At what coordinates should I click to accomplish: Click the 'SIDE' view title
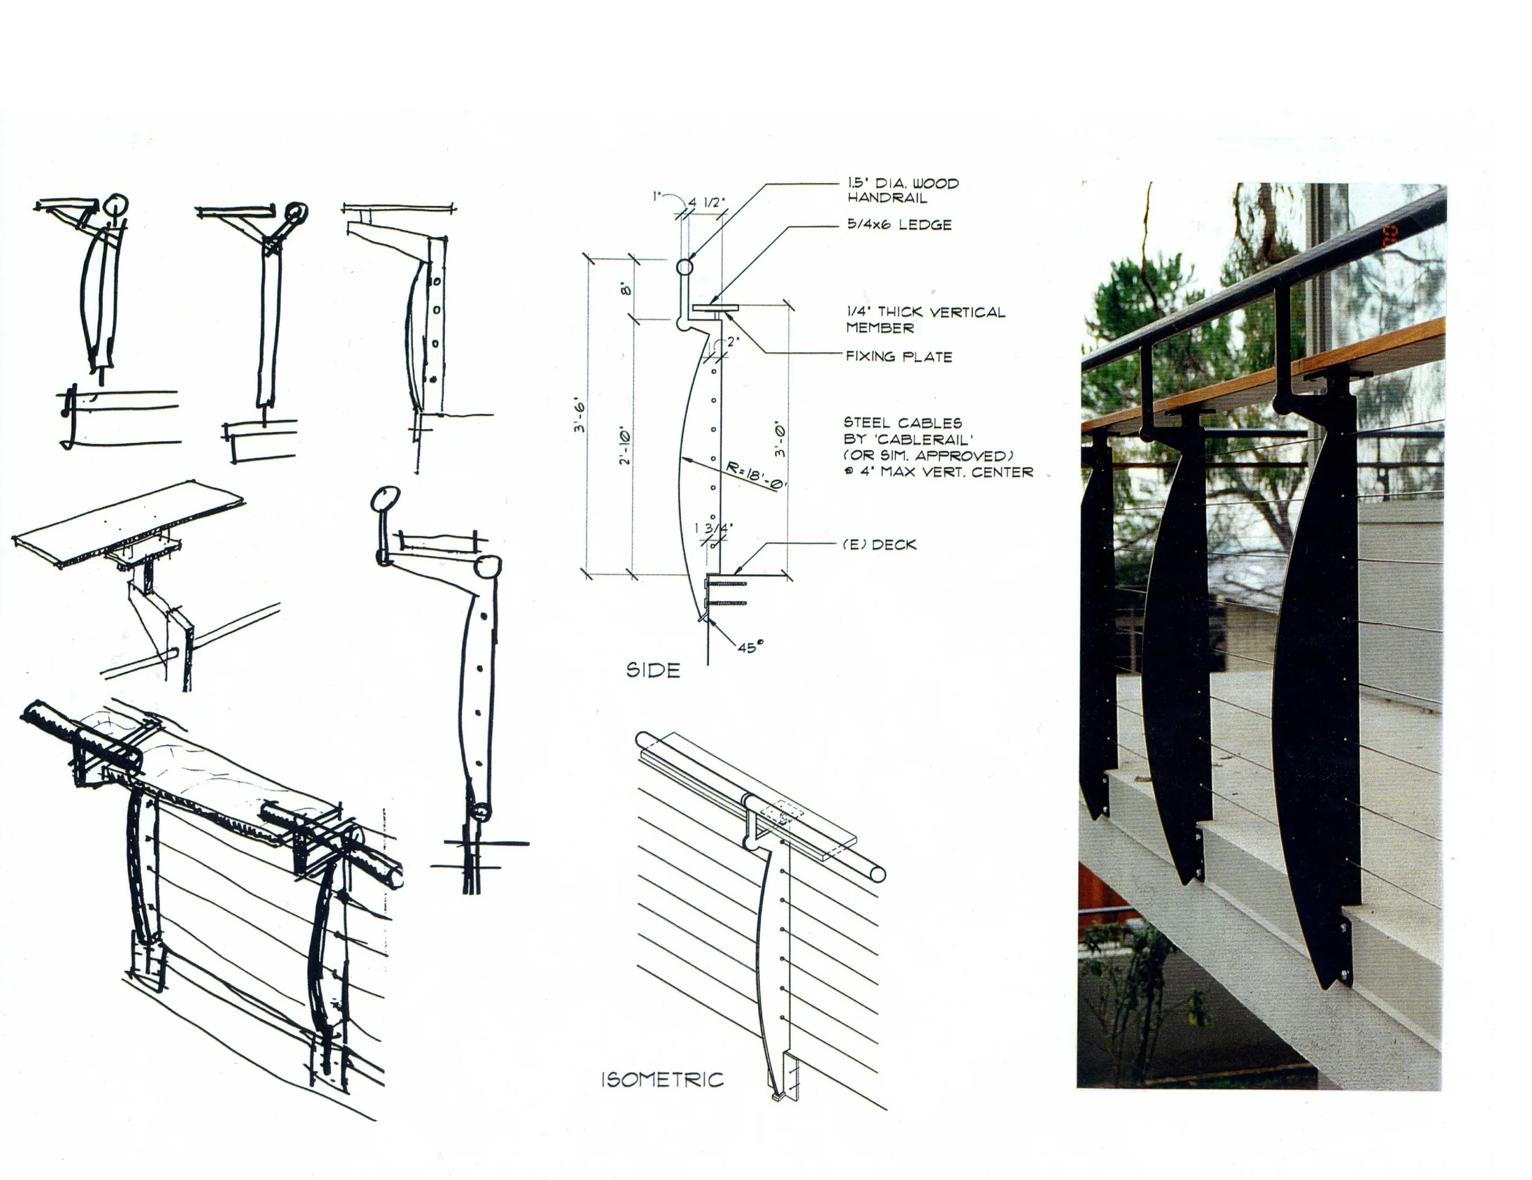[653, 671]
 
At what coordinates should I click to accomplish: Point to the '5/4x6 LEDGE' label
[899, 225]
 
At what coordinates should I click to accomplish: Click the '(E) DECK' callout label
[879, 544]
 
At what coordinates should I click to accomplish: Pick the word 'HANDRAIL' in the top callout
[887, 198]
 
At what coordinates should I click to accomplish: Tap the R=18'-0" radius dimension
[756, 476]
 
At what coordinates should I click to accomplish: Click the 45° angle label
[748, 647]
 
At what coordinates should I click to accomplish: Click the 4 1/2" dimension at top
[707, 203]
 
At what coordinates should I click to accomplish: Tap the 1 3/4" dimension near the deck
[713, 528]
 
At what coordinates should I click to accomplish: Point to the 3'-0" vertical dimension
[781, 440]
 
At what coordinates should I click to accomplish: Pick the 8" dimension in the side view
[626, 288]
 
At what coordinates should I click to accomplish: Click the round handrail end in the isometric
[877, 874]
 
